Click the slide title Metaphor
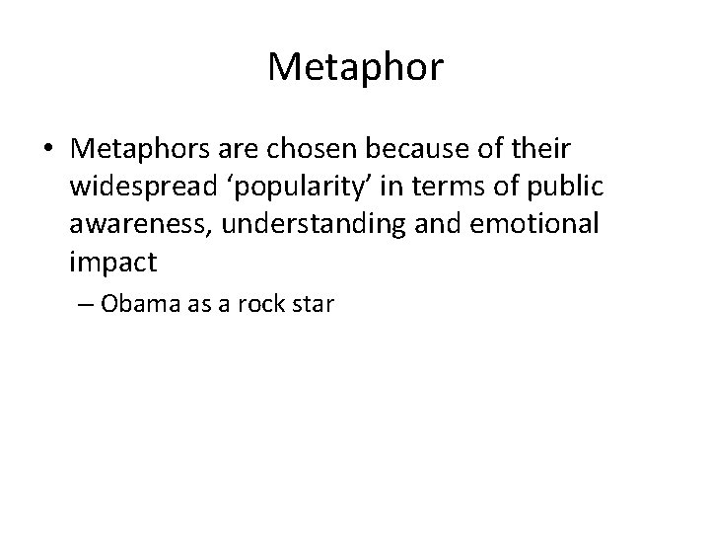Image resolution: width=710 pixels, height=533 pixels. point(355,68)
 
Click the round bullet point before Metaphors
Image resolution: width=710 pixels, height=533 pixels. point(49,150)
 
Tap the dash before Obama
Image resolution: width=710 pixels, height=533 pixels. point(86,304)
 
